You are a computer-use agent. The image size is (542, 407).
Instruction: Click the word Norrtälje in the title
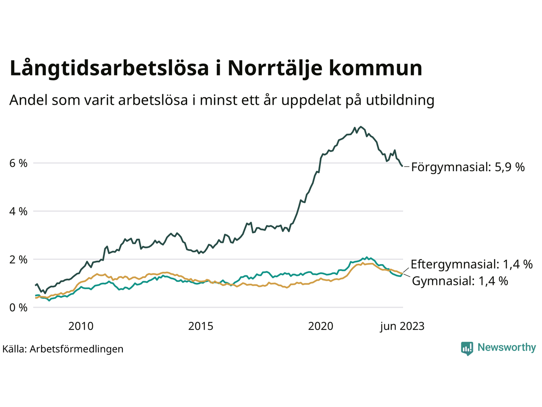274,68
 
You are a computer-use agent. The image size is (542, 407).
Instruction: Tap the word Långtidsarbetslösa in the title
109,69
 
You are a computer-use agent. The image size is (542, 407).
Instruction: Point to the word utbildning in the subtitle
400,100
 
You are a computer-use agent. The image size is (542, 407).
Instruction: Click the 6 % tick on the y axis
18,163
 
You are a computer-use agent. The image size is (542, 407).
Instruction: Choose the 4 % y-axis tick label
18,211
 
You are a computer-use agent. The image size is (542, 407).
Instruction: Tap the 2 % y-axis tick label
18,259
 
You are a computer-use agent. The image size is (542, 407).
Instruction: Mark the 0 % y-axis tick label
18,307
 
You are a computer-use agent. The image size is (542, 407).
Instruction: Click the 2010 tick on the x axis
81,326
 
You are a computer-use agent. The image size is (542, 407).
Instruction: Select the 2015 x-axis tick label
201,326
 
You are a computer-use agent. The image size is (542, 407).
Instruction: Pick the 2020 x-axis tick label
321,326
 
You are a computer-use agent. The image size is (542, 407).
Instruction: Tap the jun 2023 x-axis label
402,326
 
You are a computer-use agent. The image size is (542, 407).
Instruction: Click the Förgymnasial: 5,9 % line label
468,167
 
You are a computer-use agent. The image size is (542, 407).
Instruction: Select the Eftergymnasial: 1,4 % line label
471,265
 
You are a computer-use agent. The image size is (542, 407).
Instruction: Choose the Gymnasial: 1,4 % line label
460,281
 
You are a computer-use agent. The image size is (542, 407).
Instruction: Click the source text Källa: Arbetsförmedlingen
63,349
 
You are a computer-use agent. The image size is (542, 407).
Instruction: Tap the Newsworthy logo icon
467,348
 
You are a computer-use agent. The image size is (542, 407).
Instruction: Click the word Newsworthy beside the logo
506,348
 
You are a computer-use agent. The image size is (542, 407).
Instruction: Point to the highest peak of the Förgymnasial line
360,127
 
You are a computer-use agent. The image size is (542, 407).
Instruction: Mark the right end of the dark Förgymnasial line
402,166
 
